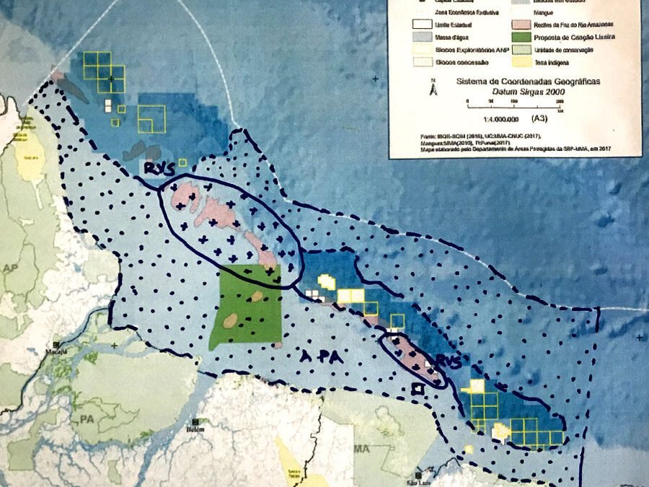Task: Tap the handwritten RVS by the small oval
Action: (x=439, y=360)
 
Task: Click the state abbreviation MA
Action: (x=362, y=449)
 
